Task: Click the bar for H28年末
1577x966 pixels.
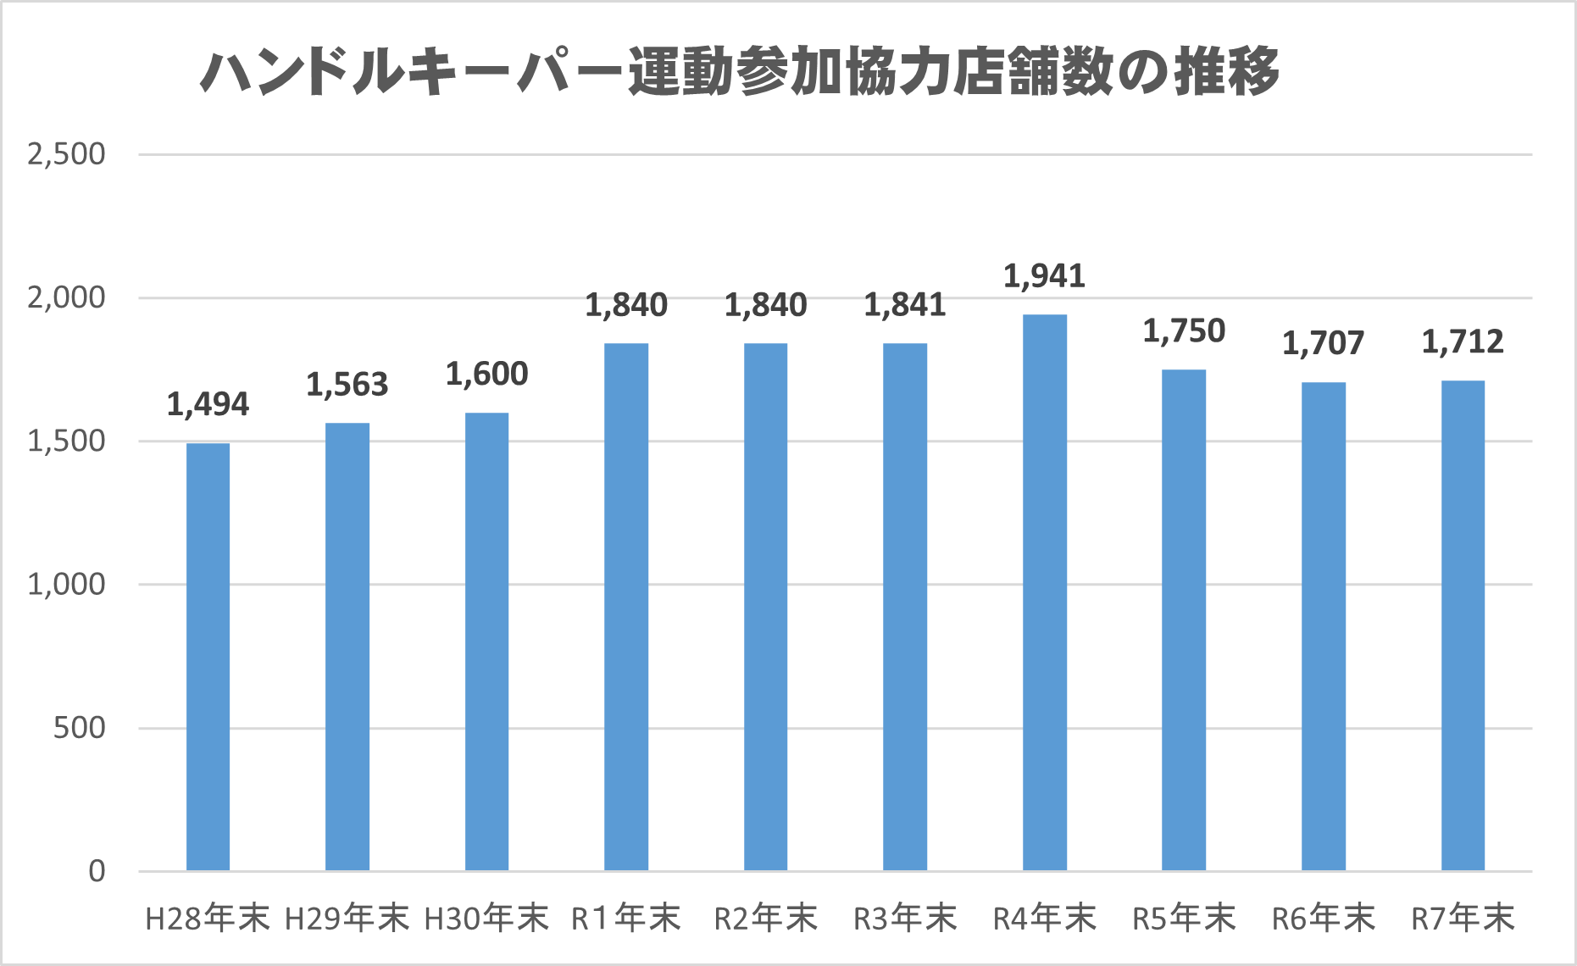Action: click(208, 657)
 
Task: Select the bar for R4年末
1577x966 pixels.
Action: click(1044, 592)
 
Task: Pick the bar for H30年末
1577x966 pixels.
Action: click(486, 641)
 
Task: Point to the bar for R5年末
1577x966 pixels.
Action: click(1183, 620)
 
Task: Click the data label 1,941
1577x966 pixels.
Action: click(1044, 276)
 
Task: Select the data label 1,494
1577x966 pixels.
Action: click(208, 405)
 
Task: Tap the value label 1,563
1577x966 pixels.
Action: click(347, 385)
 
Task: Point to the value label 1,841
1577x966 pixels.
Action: click(904, 305)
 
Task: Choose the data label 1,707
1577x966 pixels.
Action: click(1323, 343)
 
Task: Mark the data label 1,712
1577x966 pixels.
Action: click(1463, 341)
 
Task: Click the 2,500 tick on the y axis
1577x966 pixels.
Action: click(66, 154)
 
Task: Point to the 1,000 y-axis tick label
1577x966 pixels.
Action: click(66, 584)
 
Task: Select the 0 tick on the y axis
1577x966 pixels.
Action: click(97, 870)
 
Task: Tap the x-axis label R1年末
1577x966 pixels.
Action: click(625, 919)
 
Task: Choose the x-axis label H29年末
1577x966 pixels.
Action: click(347, 919)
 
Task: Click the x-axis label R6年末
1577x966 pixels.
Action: click(1323, 919)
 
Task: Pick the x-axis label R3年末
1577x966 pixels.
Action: click(904, 919)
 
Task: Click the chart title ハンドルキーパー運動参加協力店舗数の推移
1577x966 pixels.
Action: click(739, 72)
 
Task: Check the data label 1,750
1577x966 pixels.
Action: click(1183, 331)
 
